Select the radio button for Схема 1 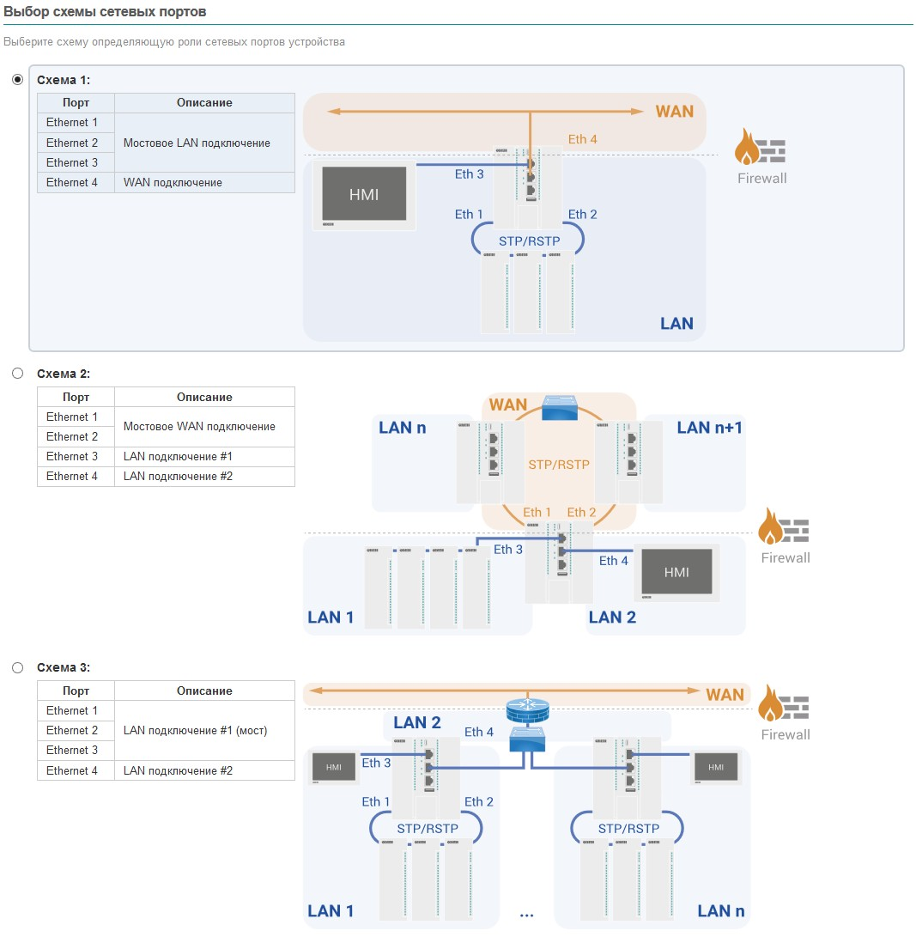tap(17, 80)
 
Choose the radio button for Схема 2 tap(17, 374)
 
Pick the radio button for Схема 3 tap(17, 667)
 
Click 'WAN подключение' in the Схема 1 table tap(173, 182)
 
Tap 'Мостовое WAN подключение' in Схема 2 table tap(199, 426)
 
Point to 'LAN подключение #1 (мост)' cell tap(195, 731)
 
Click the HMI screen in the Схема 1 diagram tap(364, 194)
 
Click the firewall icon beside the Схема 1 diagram tap(761, 152)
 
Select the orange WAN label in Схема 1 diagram tap(674, 112)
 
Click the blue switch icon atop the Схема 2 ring tap(560, 407)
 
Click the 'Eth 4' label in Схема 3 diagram tap(479, 732)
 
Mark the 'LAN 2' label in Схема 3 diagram tap(417, 722)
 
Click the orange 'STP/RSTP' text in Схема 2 tap(559, 465)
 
